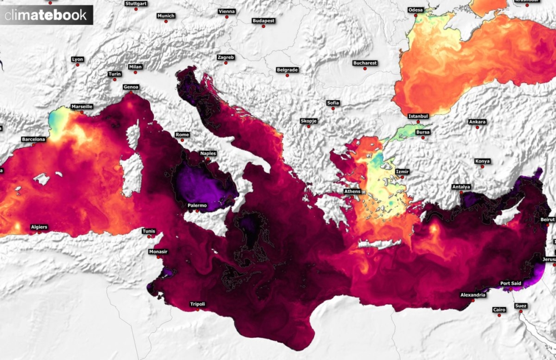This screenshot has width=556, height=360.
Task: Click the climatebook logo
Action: point(46,15)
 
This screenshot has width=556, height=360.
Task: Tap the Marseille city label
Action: point(82,106)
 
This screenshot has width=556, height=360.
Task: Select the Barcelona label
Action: point(33,139)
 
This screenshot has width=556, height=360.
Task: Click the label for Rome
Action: point(182,135)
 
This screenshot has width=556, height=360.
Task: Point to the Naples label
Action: point(208,153)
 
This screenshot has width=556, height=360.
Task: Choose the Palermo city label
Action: point(197,206)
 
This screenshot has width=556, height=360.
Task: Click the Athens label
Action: point(352,191)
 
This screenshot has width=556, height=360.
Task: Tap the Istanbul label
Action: point(418,116)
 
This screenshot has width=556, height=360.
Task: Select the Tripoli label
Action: point(197,304)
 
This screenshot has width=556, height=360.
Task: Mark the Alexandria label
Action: point(473,294)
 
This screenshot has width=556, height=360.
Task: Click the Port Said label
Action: point(511,283)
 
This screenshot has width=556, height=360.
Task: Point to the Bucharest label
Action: point(365,63)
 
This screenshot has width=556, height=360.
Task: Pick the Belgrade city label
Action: point(287,70)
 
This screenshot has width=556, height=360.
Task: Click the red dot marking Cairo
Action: point(499,315)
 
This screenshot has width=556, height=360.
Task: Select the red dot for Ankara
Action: point(477,127)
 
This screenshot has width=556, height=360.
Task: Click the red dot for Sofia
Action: point(333,109)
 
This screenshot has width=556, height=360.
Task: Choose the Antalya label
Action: point(461,186)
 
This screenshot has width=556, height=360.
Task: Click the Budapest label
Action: point(263,21)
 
